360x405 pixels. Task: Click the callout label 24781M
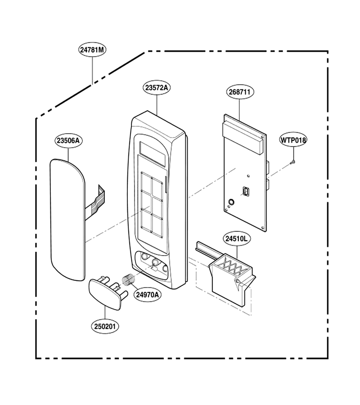(x=92, y=49)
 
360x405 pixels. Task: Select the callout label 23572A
(x=157, y=88)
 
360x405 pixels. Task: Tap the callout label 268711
(x=240, y=92)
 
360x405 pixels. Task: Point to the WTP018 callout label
(x=293, y=140)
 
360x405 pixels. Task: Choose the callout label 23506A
(x=68, y=141)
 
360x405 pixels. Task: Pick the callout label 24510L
(x=237, y=238)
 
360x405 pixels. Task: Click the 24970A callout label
(x=148, y=294)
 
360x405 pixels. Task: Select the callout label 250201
(x=105, y=327)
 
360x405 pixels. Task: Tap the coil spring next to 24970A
(x=128, y=279)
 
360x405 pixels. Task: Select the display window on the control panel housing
(x=152, y=154)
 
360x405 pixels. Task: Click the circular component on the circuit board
(x=231, y=202)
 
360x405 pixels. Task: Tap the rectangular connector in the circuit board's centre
(x=245, y=192)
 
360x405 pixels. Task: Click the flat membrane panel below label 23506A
(x=67, y=220)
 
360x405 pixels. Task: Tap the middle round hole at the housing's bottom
(x=155, y=263)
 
